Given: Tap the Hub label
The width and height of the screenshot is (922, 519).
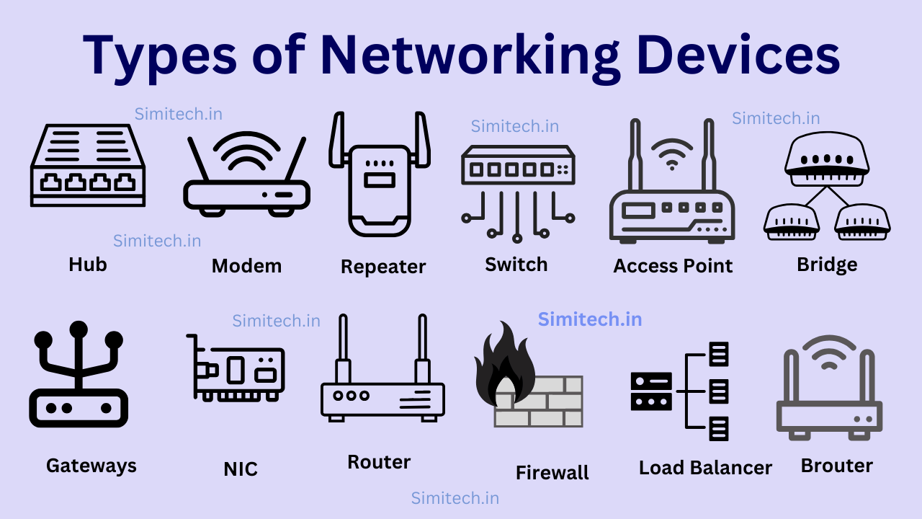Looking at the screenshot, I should click(x=88, y=265).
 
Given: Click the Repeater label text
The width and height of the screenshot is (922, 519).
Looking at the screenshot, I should click(x=383, y=267).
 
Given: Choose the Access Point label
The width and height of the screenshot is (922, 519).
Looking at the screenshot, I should click(x=673, y=266).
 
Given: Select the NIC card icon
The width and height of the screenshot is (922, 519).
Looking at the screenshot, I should click(x=236, y=368).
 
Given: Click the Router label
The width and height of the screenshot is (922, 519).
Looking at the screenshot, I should click(x=379, y=462).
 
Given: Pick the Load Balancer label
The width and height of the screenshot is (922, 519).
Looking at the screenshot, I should click(x=705, y=468).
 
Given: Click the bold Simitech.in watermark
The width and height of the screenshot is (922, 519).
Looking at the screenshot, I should click(x=590, y=319).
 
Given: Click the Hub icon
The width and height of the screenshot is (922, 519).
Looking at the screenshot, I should click(x=87, y=166).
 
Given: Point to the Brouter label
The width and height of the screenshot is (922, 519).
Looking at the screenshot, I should click(x=836, y=466).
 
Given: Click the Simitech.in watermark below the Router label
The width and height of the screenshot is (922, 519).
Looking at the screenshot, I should click(x=455, y=498).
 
